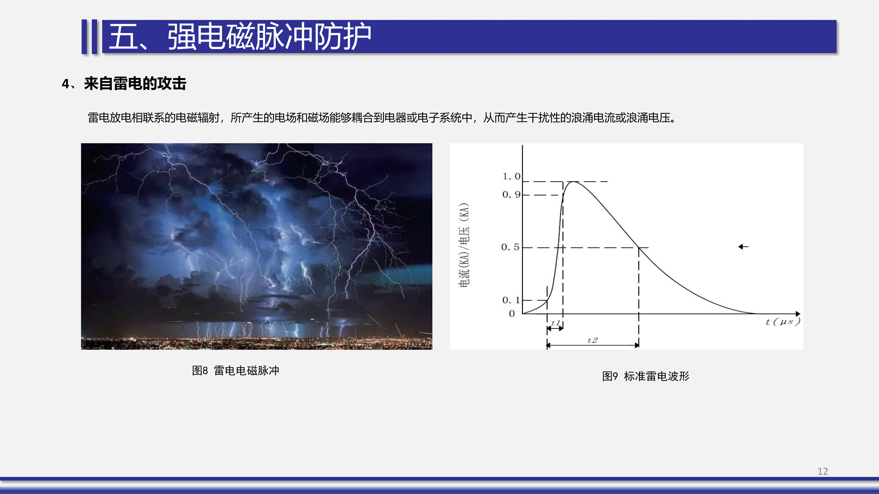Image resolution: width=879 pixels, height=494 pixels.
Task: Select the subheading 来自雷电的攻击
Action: click(135, 84)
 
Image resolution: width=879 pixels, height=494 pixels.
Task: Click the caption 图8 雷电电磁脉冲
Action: click(235, 370)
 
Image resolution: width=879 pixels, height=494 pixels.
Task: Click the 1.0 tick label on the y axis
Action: click(511, 176)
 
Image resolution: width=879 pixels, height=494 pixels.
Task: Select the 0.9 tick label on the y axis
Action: click(511, 195)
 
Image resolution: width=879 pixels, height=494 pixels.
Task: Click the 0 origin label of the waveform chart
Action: click(512, 314)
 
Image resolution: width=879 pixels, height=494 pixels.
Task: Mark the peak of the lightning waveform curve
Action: click(574, 182)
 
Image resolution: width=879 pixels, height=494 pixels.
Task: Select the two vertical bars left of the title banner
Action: click(89, 37)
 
